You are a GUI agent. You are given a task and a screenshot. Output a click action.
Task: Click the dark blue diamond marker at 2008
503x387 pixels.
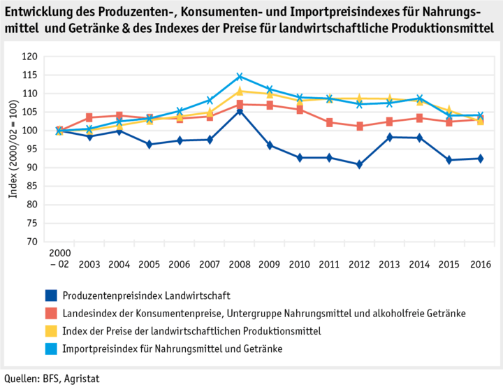coord(239,111)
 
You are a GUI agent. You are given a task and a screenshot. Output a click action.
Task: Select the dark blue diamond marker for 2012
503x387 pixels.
coord(358,165)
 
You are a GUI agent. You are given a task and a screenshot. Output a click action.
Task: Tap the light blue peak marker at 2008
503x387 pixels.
coord(239,77)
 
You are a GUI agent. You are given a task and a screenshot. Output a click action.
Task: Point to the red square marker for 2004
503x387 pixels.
coord(119,115)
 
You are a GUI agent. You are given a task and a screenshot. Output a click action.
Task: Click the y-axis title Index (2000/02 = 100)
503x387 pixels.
coord(13,149)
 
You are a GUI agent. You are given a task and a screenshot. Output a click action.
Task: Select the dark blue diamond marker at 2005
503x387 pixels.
coord(150,145)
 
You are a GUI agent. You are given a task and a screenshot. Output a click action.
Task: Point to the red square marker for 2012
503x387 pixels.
coord(358,126)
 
